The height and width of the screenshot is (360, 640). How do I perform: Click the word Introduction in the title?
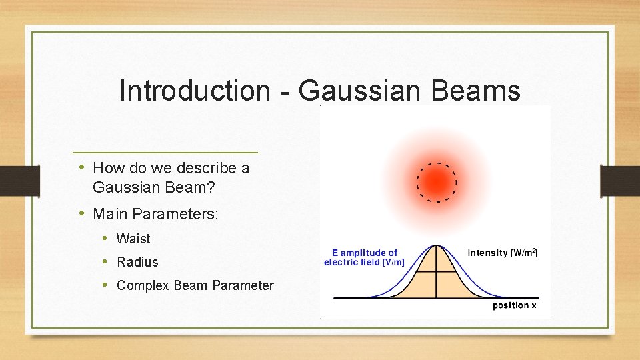point(193,91)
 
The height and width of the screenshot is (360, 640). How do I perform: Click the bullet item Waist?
point(133,239)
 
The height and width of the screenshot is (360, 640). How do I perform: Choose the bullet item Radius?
point(137,262)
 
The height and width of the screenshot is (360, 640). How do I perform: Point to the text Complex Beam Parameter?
point(195,285)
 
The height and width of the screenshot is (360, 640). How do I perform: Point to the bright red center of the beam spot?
point(437,182)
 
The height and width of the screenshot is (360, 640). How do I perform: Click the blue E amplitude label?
point(364,257)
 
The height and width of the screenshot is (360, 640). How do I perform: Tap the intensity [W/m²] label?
point(502,253)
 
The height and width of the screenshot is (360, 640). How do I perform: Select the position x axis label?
point(514,305)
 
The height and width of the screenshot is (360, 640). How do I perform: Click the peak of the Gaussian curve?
point(436,245)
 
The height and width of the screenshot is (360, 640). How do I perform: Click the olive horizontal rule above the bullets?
point(165,153)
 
